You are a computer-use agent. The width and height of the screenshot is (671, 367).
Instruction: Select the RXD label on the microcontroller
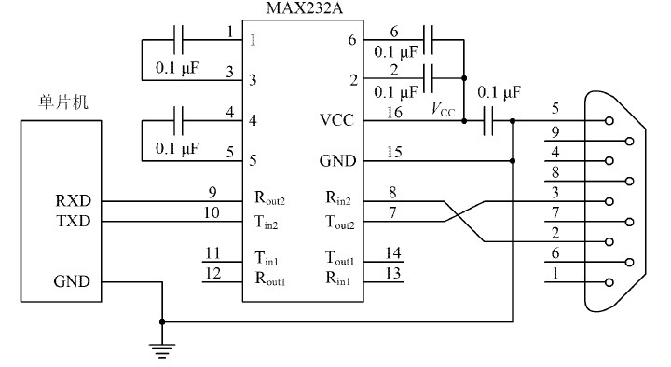click(72, 200)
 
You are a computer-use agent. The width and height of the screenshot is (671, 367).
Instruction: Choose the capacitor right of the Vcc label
click(488, 120)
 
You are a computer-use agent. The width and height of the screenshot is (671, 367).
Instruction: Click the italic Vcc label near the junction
click(442, 110)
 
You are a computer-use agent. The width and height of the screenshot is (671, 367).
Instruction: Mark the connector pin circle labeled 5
click(609, 120)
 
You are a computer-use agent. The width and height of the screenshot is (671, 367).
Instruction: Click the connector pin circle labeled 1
click(609, 281)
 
